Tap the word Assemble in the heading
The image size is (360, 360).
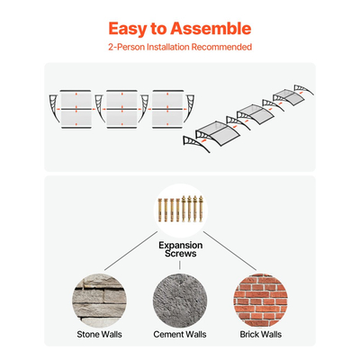[x=211, y=29]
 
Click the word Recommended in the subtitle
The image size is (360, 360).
[x=221, y=47]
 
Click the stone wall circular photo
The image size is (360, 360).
[x=99, y=301]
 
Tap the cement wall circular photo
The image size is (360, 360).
[x=180, y=301]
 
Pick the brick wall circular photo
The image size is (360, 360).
[x=260, y=301]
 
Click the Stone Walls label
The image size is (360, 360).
[x=99, y=335]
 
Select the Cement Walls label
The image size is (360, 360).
[x=180, y=335]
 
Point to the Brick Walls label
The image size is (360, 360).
[x=261, y=335]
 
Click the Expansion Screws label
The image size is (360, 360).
[x=180, y=249]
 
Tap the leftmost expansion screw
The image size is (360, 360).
[x=160, y=210]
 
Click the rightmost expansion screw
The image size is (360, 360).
[x=201, y=209]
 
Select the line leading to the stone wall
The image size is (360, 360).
[x=131, y=251]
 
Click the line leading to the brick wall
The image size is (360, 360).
[x=229, y=251]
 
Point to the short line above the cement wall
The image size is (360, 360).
[x=180, y=265]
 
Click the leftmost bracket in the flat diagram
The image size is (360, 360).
[x=55, y=108]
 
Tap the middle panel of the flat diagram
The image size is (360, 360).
[x=122, y=109]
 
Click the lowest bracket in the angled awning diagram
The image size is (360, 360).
[x=196, y=144]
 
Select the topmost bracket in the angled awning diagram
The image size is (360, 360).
[x=303, y=90]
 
